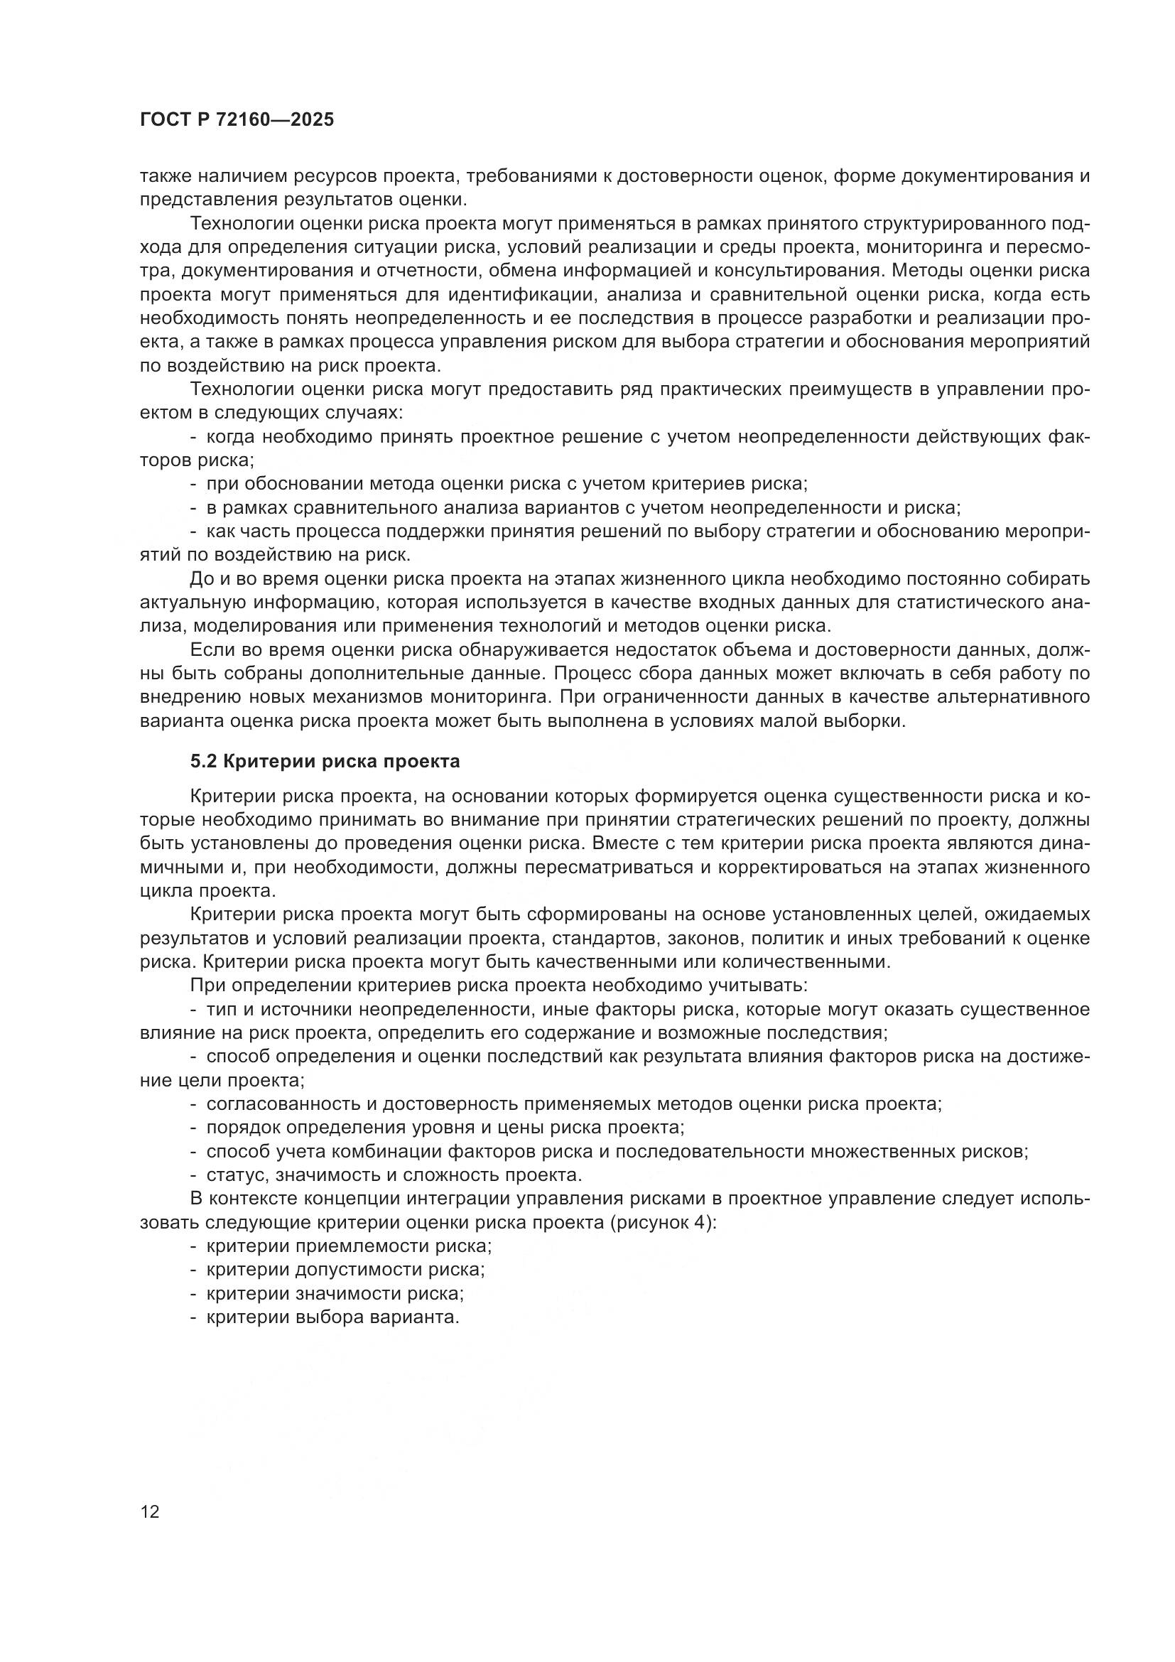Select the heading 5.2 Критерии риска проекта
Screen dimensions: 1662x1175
325,761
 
